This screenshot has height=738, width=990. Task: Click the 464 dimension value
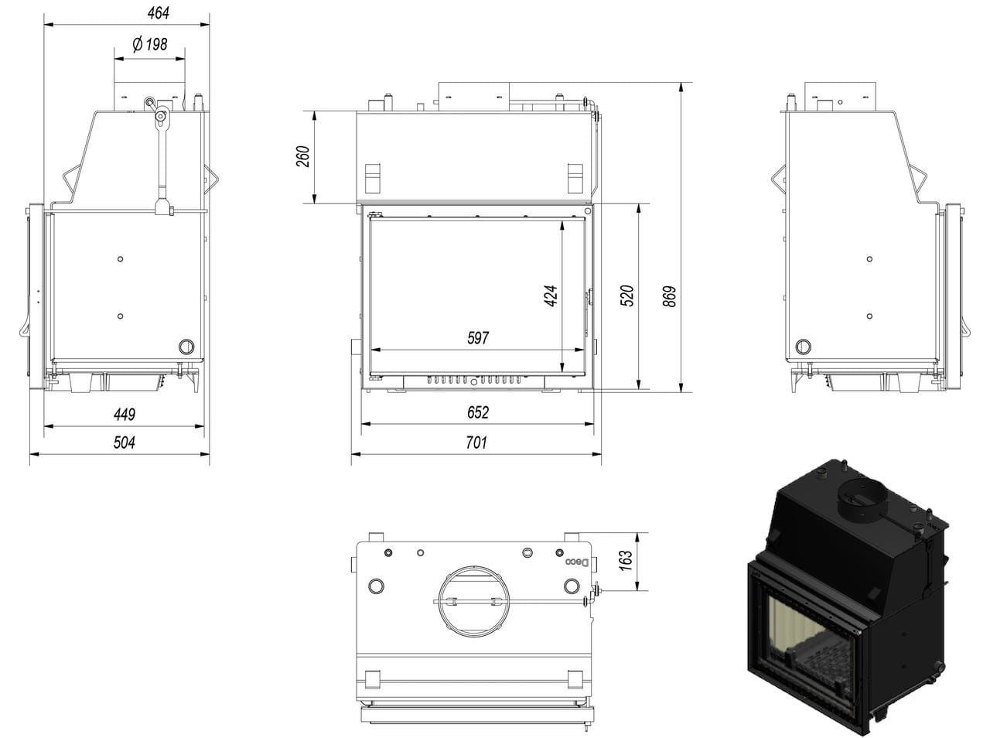point(158,13)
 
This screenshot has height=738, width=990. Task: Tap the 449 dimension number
point(125,414)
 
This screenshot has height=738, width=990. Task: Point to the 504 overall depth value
point(125,442)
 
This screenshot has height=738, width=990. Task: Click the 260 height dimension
point(303,156)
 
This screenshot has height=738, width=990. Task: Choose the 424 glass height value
point(551,296)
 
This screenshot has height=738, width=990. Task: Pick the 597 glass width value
point(478,338)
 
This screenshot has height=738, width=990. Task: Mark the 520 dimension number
point(627,296)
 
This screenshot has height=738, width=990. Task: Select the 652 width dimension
point(478,412)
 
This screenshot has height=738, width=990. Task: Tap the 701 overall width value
point(477,442)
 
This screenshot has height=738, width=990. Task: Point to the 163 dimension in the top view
point(626,560)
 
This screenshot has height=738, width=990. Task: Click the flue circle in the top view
point(472,602)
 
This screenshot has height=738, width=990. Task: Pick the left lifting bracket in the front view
point(374,179)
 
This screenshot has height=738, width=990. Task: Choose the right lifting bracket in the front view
point(575,179)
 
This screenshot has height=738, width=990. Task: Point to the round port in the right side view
point(804,346)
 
